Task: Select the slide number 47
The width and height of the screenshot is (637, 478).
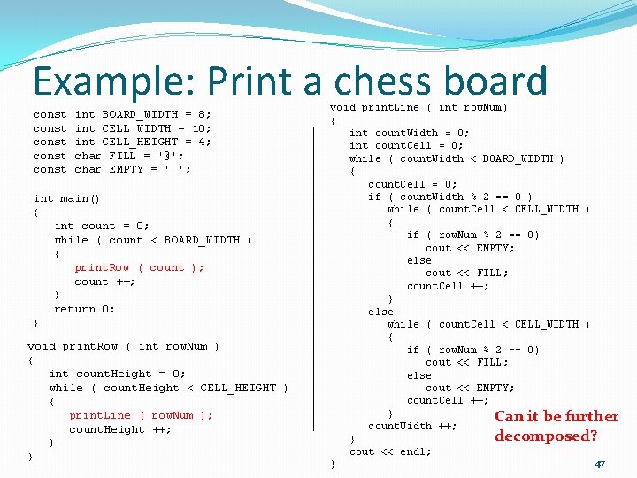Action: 599,464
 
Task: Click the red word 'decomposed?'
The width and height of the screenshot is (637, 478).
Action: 546,436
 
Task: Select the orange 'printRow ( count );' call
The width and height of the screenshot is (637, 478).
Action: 139,267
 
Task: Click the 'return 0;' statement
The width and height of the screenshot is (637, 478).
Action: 84,309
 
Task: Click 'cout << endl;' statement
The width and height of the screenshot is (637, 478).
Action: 390,451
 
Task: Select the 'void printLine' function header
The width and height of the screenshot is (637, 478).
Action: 418,107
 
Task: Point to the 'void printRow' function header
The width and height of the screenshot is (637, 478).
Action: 123,346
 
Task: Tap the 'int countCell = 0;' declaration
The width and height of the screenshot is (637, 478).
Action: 406,145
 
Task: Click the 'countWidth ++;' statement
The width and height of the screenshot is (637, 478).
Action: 412,426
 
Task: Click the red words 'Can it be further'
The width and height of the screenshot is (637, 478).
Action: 556,416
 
